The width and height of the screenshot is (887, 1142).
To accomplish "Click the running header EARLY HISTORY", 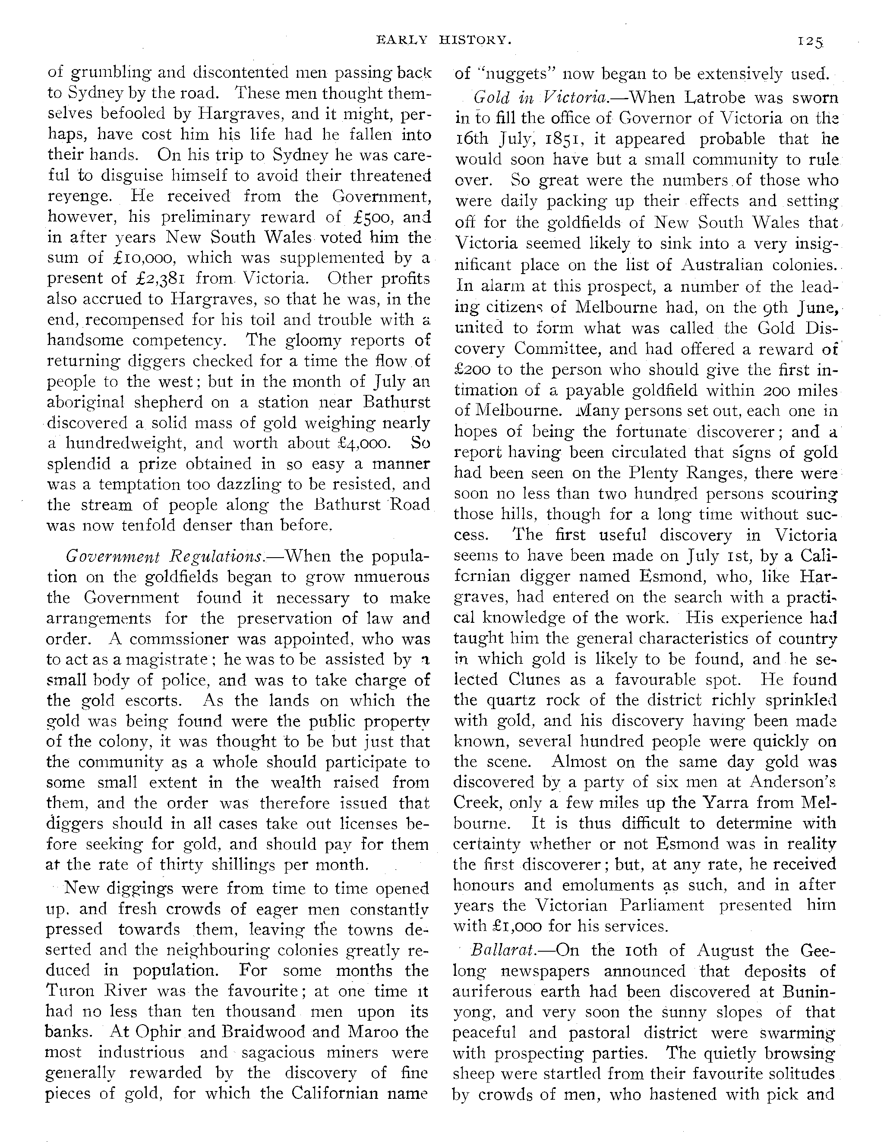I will click(x=444, y=40).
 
